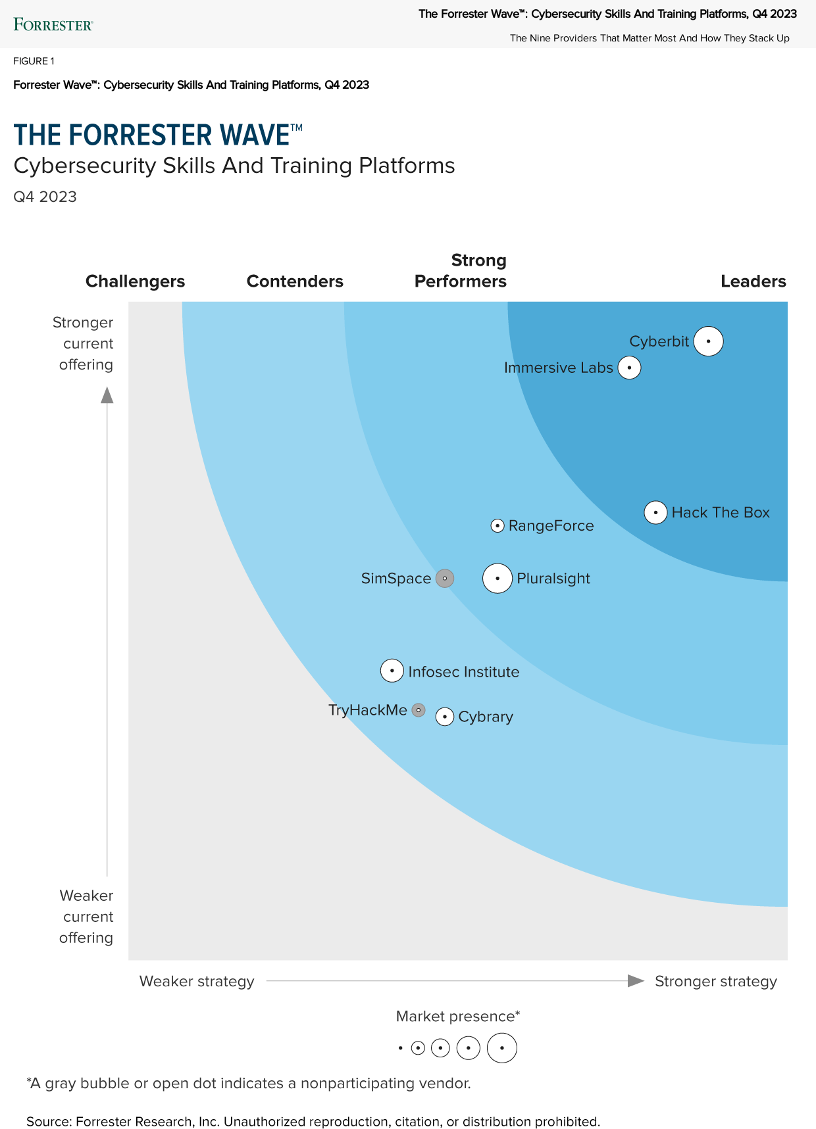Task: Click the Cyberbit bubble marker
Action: coord(709,341)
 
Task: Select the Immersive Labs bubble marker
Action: coord(630,368)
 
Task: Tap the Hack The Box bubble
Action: coord(655,512)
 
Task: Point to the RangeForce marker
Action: coord(497,525)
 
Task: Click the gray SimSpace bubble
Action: coord(445,579)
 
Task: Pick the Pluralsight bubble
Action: coord(497,579)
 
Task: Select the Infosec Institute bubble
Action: coord(392,671)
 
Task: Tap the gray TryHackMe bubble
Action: coord(419,710)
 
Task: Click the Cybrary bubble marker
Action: coord(445,717)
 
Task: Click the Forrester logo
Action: coord(53,25)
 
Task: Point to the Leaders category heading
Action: coord(753,281)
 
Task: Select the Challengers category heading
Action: coord(135,281)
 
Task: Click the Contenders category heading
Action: coord(295,281)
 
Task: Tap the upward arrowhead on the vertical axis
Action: coord(107,395)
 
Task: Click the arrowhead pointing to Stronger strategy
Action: coord(636,981)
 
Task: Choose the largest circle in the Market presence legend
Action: coord(502,1048)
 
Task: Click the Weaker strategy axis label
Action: coord(197,982)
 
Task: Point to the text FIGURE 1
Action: coord(34,61)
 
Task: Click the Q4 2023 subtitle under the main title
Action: coord(45,197)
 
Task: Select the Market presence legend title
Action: coord(458,1017)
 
